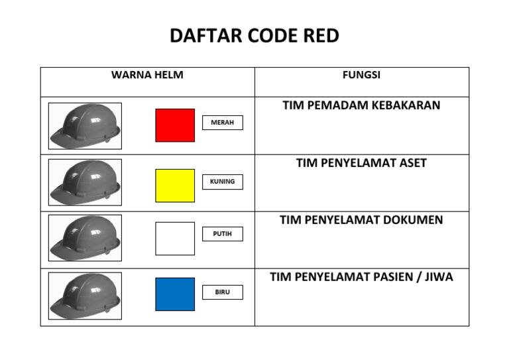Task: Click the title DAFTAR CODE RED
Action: pos(254,36)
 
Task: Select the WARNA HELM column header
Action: pos(147,75)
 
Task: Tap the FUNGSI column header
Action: pos(361,75)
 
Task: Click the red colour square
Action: pos(175,125)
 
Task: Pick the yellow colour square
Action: pos(175,185)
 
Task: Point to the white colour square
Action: pos(175,239)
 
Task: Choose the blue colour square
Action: pos(175,294)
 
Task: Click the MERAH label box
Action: pos(222,123)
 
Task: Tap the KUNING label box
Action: pos(222,182)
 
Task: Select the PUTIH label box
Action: pos(222,234)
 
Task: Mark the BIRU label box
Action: pos(222,292)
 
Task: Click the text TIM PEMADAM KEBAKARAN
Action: pos(361,105)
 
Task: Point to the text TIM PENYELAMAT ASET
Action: pos(361,163)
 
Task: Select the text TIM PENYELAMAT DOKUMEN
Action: pos(361,220)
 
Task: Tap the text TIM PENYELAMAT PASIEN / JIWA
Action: pos(361,277)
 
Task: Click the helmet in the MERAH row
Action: pos(85,125)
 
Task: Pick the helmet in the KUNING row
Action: pos(85,182)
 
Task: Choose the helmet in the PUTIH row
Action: pos(85,239)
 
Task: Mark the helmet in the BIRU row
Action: pos(85,296)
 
